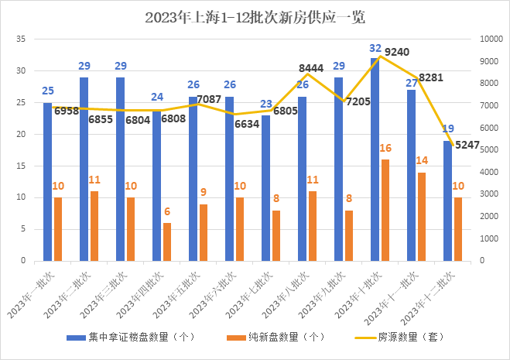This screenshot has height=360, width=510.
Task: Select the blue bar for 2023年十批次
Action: pos(375,159)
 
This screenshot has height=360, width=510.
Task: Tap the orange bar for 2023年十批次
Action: pos(385,210)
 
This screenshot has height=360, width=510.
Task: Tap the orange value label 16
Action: pos(385,148)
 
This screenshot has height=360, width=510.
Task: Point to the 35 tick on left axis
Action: pos(22,39)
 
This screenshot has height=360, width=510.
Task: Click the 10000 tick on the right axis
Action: pos(491,39)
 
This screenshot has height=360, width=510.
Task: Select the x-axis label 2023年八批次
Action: pos(286,294)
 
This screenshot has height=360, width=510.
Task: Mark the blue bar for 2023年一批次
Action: pos(48,181)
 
